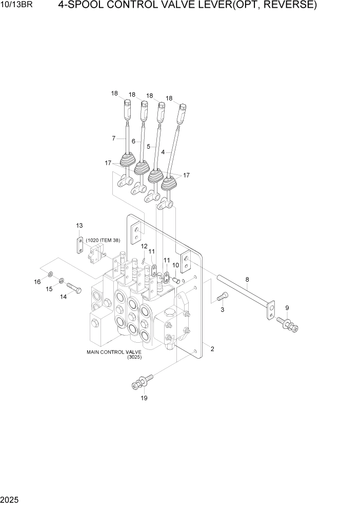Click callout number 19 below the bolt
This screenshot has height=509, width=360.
[x=144, y=398]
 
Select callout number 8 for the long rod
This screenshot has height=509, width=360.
[x=247, y=280]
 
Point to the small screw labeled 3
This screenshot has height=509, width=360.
[x=224, y=296]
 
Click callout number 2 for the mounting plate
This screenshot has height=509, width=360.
[x=212, y=349]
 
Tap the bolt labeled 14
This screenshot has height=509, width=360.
[x=74, y=288]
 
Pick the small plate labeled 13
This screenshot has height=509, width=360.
[x=79, y=246]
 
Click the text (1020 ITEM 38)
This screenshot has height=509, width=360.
[x=103, y=240]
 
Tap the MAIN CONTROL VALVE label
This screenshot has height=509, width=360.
[x=114, y=352]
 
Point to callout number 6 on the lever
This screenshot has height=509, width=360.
[x=133, y=141]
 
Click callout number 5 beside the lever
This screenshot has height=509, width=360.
[x=148, y=146]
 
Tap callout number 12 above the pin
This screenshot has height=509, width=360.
[x=144, y=246]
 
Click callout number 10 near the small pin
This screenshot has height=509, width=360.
[x=175, y=265]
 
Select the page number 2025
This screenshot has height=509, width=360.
[x=8, y=499]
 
